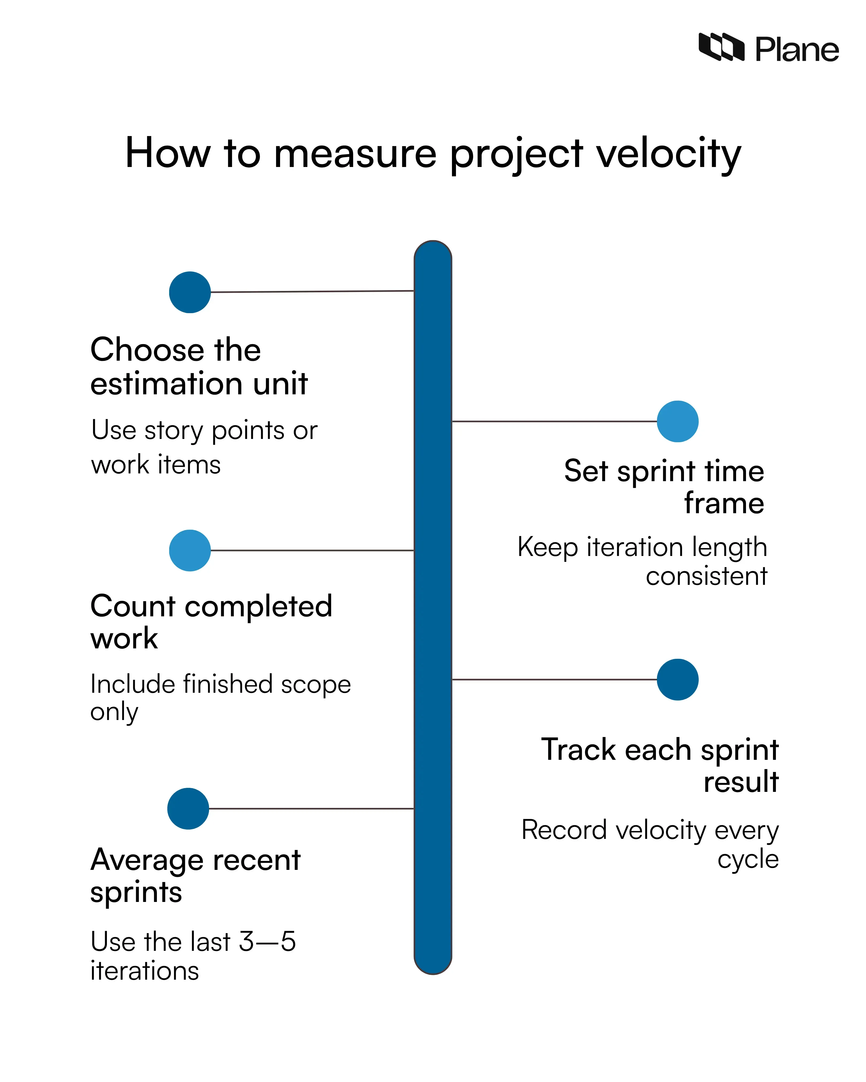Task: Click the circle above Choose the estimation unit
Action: click(190, 292)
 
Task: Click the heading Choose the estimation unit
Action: click(199, 366)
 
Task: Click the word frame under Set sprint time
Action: click(724, 503)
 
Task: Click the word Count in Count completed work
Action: click(133, 606)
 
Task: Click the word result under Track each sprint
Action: click(740, 782)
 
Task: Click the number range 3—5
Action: click(267, 941)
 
